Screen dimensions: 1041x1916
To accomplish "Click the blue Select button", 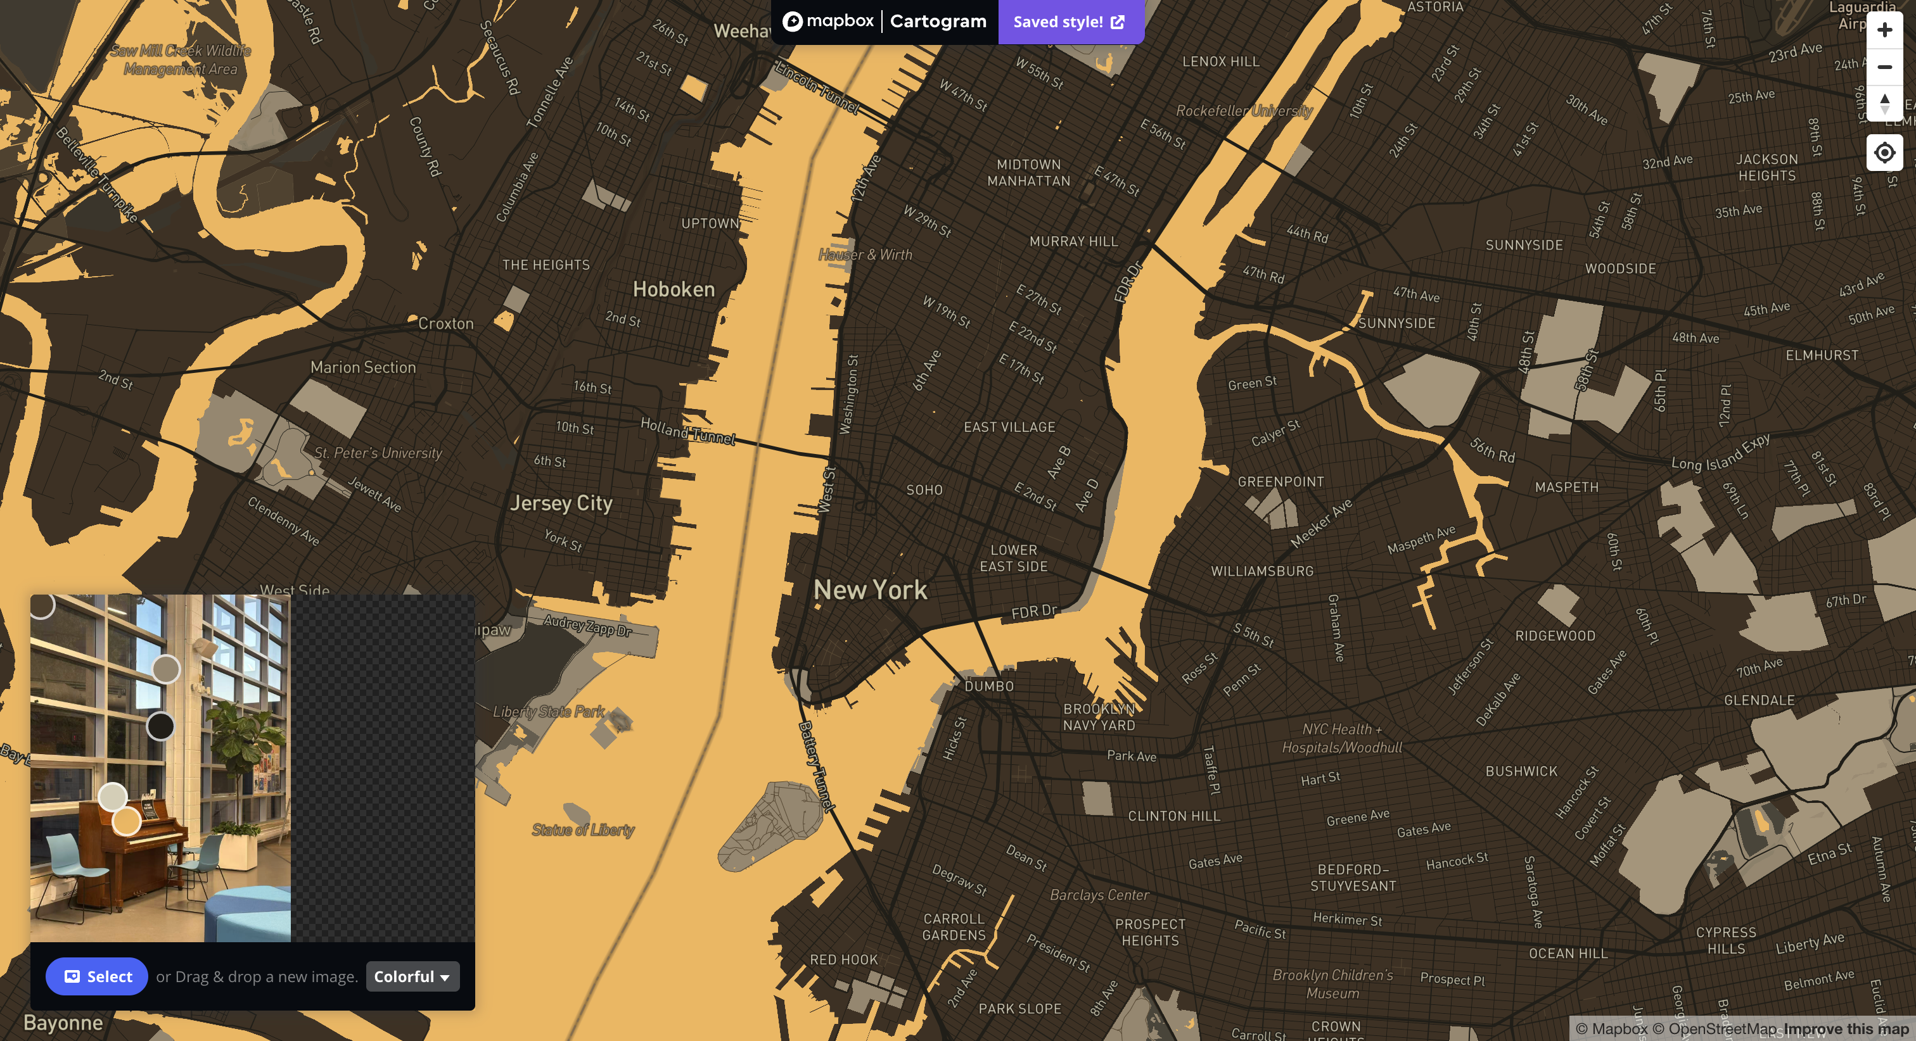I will coord(97,976).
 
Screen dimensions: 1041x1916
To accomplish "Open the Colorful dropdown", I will coord(412,976).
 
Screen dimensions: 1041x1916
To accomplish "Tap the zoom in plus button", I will coord(1884,30).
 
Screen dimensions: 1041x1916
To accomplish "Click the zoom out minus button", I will coord(1884,67).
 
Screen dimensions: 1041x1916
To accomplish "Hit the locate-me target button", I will coord(1884,153).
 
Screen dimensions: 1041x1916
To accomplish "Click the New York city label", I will coord(870,590).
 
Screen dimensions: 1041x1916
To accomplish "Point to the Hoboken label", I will coord(673,289).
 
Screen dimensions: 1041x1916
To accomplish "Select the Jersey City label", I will coord(561,503).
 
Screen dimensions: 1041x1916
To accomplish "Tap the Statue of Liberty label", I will coord(583,830).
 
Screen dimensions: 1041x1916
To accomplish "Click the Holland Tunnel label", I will coord(687,431).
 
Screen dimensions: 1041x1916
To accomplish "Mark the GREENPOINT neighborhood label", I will coord(1280,482).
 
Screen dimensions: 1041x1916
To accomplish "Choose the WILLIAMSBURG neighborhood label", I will coord(1261,571).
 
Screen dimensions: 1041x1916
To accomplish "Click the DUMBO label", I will coord(988,686).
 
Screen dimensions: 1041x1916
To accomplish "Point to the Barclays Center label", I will coord(1099,895).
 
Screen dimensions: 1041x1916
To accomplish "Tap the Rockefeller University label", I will coord(1244,111).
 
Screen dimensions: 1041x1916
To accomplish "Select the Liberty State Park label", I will coord(548,712).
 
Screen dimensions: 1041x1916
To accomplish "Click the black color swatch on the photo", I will coord(160,726).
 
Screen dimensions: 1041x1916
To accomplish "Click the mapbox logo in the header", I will coord(828,22).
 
